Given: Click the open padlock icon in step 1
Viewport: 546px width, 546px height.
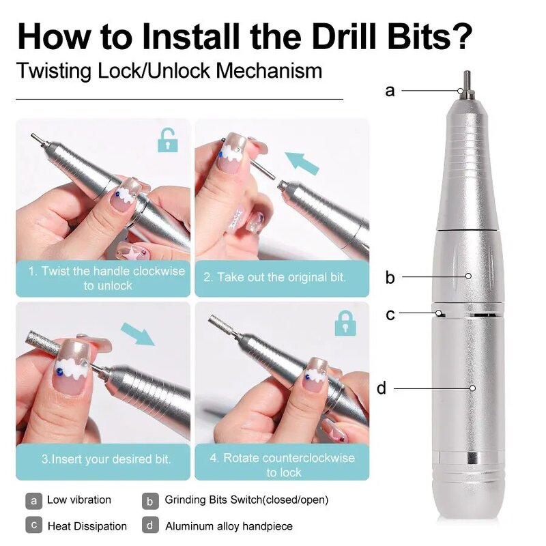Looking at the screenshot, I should pyautogui.click(x=167, y=141).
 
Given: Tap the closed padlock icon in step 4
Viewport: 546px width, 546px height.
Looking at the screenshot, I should pyautogui.click(x=345, y=323).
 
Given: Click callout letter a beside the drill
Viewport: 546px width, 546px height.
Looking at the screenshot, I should pyautogui.click(x=390, y=90).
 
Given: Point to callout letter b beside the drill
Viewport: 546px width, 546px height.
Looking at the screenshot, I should pyautogui.click(x=390, y=277).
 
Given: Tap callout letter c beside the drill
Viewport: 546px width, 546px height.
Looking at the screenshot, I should pyautogui.click(x=390, y=314).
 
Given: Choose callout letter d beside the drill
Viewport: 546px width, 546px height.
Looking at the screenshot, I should pyautogui.click(x=382, y=388).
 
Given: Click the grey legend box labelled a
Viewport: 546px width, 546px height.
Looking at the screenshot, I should pyautogui.click(x=34, y=500).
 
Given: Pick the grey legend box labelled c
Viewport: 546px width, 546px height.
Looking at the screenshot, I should pyautogui.click(x=34, y=526).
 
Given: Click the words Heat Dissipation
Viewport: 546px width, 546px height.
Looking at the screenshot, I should pyautogui.click(x=87, y=526).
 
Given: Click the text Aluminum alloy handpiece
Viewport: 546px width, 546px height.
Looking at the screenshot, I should pyautogui.click(x=229, y=526).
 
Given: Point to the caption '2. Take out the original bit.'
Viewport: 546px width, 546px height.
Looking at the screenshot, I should pyautogui.click(x=275, y=278).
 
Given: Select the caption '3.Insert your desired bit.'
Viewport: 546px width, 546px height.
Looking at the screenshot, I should pyautogui.click(x=105, y=459).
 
